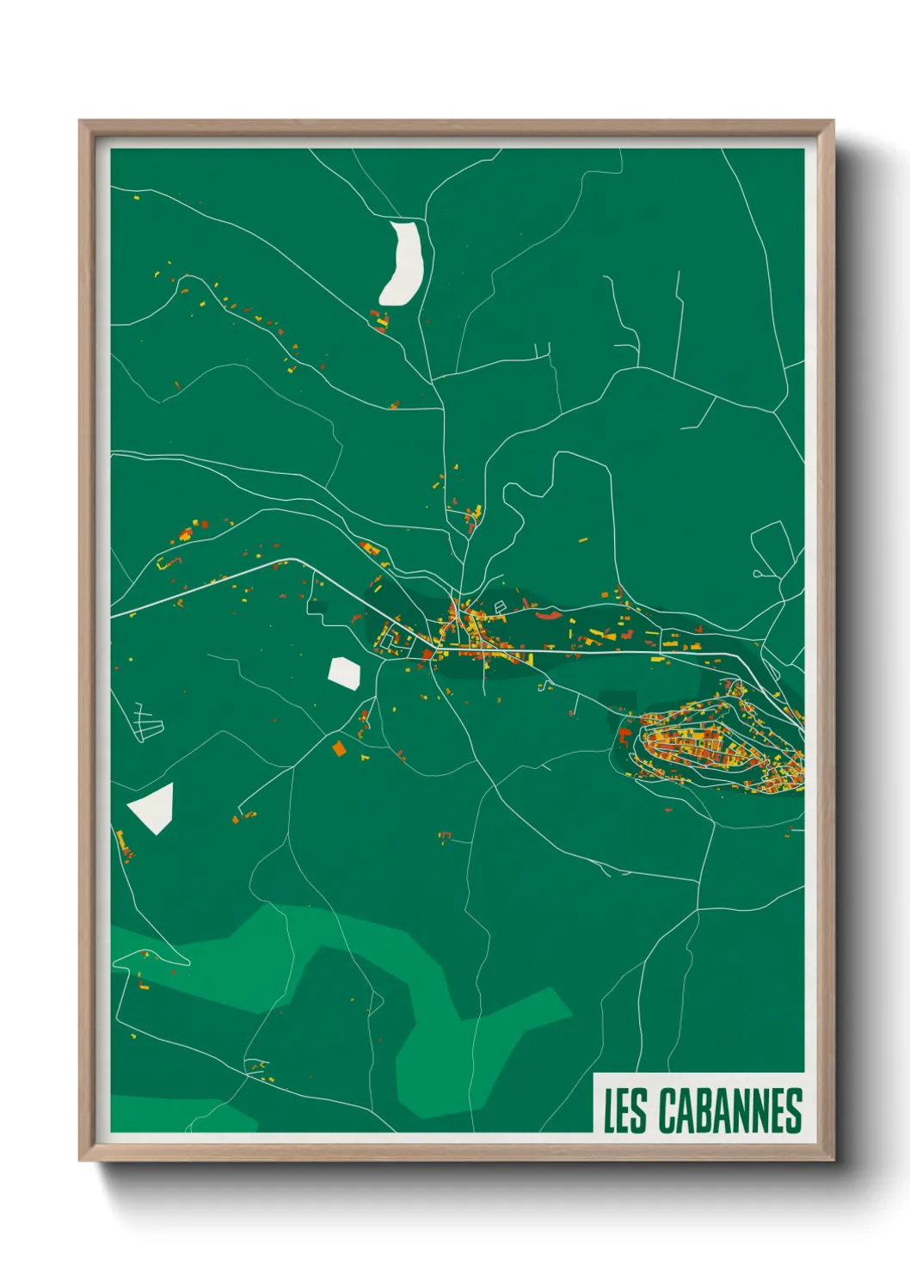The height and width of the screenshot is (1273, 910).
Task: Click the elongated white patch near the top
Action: tap(403, 262)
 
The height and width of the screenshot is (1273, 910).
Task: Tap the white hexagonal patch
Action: tap(344, 672)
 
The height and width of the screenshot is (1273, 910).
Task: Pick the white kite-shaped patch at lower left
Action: tap(153, 808)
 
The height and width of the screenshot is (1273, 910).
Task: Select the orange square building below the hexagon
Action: tap(339, 748)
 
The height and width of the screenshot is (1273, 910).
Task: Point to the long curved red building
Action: tap(548, 614)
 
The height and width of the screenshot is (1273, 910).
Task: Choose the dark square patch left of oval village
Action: tap(617, 701)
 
